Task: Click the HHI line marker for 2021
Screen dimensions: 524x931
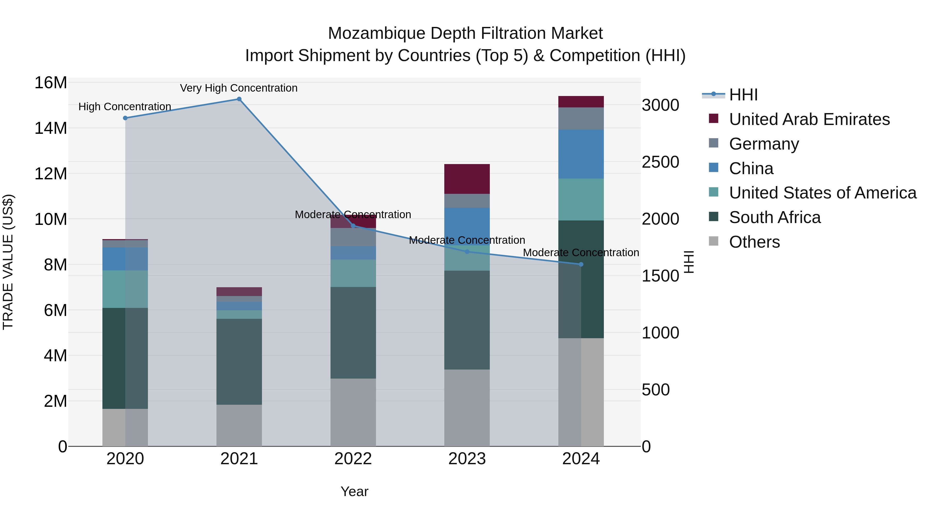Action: (239, 99)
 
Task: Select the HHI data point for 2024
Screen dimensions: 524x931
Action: (581, 264)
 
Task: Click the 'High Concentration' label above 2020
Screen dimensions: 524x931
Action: (125, 107)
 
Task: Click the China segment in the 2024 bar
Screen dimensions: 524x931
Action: (581, 154)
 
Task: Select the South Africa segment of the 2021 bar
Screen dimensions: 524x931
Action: (239, 362)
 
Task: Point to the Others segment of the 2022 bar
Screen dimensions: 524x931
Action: (353, 412)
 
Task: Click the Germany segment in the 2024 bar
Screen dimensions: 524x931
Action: (581, 119)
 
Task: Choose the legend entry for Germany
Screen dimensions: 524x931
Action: (764, 144)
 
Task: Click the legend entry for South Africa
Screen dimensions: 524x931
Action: (775, 218)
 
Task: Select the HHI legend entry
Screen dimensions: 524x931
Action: (743, 95)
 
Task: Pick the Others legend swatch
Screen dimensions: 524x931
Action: (714, 241)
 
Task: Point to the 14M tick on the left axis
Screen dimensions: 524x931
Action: (51, 128)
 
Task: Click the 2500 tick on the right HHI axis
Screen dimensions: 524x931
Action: (660, 162)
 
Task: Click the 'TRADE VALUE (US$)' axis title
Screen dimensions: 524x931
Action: (8, 262)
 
